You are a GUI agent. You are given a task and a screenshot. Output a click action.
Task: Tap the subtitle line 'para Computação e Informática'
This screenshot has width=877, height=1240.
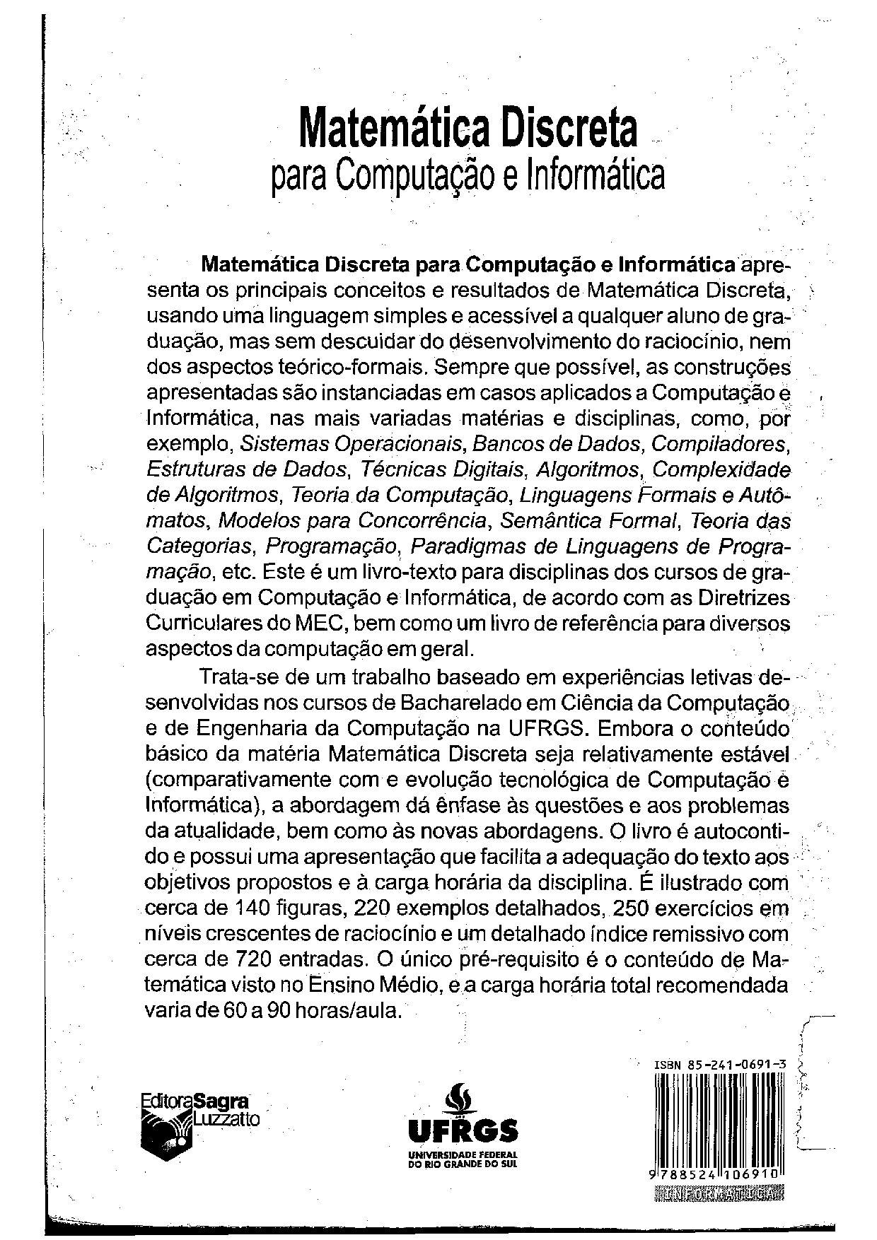469,175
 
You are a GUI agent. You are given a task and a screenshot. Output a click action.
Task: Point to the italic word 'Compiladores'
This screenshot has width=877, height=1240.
719,444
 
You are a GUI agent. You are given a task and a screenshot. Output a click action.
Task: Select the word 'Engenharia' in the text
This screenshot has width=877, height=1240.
284,729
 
